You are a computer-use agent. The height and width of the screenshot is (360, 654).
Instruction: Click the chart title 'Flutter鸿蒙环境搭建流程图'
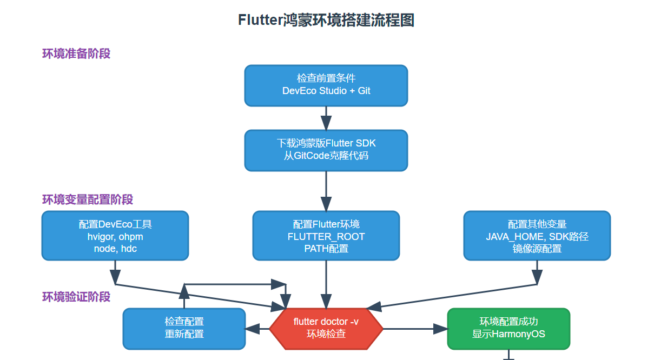[326, 20]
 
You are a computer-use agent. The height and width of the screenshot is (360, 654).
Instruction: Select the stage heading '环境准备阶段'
[76, 54]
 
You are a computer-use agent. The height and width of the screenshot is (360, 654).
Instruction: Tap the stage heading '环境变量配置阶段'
[88, 199]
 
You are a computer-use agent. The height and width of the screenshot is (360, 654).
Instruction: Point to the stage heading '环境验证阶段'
[76, 297]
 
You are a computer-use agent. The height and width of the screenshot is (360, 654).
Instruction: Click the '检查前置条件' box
[326, 85]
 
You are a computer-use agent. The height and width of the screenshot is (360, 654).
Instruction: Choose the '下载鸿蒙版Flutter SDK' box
[326, 150]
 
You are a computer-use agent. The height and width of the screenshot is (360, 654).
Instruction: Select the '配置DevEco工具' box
[115, 236]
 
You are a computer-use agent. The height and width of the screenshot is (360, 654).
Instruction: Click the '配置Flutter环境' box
[326, 236]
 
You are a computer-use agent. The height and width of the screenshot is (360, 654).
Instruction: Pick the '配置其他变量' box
[537, 236]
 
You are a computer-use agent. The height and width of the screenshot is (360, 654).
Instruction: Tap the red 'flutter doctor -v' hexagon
[326, 328]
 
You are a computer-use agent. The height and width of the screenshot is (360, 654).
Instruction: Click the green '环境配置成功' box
[508, 328]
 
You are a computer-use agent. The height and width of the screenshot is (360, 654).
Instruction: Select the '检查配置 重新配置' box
[184, 328]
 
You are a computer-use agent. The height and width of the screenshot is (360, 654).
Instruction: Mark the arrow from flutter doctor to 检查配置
[257, 328]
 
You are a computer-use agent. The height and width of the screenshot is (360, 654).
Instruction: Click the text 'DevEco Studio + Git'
[326, 91]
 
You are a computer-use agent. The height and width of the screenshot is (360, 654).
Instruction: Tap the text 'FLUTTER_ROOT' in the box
[326, 237]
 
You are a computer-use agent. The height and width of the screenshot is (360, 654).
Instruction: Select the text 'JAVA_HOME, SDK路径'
[537, 237]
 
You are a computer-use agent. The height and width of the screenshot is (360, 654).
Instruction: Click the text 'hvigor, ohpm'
[115, 237]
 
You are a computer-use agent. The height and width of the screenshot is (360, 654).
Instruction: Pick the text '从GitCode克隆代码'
[326, 156]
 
